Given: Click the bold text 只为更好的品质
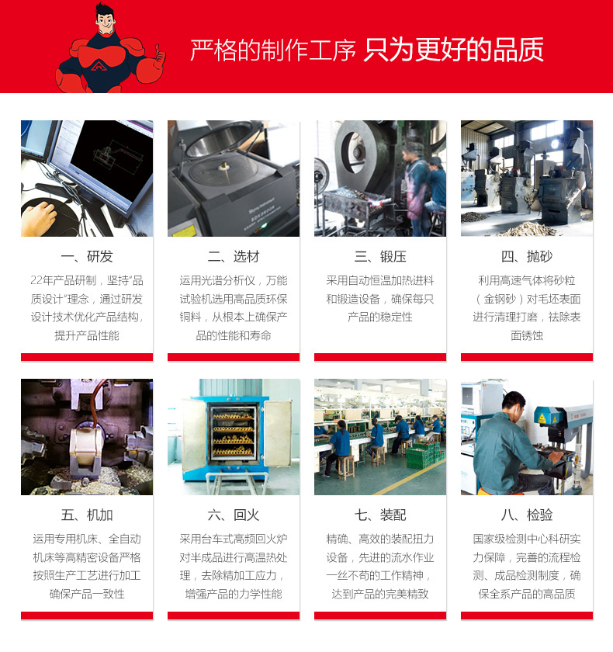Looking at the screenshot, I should pos(454,49).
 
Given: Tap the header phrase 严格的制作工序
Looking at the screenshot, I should pos(273,49).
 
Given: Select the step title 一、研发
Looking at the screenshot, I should pos(87,257).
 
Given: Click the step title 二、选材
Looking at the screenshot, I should pos(234,257).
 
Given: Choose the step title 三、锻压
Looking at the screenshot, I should pos(380,257).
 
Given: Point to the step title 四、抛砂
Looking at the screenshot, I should pos(527,257).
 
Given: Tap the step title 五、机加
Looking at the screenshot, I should pos(87,515).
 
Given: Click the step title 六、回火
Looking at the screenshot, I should pos(234,515).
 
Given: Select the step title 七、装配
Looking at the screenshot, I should pos(380,515).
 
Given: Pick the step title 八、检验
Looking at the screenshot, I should pos(527,515).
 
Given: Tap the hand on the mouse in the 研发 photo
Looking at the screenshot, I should pos(38,218).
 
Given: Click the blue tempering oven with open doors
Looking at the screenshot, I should pos(234,435).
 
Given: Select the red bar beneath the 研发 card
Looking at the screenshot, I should pos(87,357).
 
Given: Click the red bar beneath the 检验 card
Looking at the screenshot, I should pos(527,616).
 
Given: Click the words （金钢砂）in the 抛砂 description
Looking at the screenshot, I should pos(504,299).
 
